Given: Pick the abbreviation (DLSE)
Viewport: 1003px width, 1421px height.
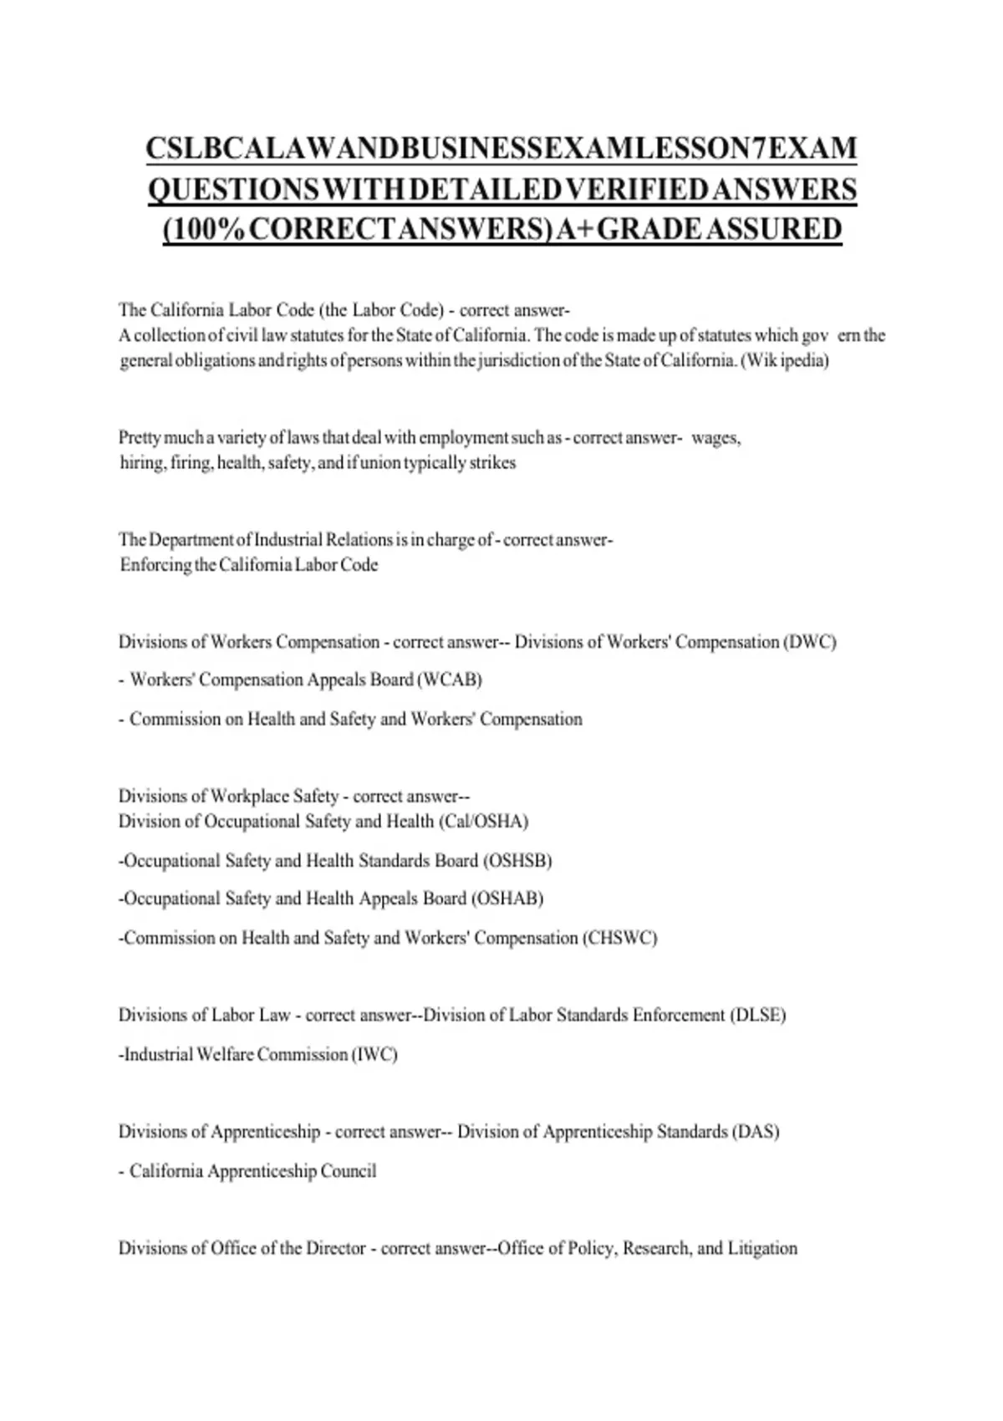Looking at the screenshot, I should coord(757,1016).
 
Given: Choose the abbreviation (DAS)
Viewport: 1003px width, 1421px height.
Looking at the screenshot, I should coord(755,1132).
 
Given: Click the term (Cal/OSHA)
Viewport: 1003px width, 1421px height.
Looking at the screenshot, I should coord(483,822).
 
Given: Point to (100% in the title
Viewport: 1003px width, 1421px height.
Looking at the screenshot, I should coord(203,228).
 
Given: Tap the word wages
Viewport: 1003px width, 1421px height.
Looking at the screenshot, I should coord(715,438).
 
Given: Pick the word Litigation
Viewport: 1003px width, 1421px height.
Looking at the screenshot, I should coord(762,1249).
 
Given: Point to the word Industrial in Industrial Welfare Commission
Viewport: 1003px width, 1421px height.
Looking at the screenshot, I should coord(158,1055).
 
